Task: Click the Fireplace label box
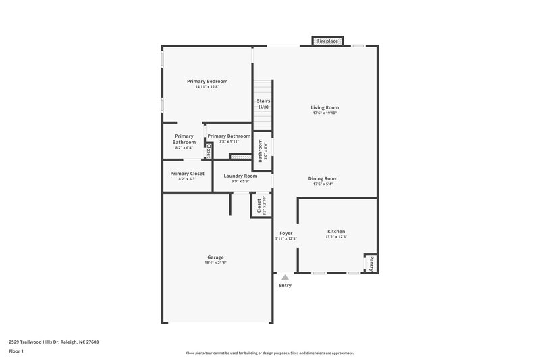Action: click(328, 41)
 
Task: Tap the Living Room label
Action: click(324, 107)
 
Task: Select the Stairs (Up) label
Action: click(263, 104)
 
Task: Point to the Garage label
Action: click(215, 257)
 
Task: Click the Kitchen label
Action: click(336, 231)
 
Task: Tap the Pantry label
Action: click(371, 263)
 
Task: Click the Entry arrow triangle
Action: click(286, 276)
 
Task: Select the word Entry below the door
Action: click(286, 285)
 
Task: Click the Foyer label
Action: click(286, 233)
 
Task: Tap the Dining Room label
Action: click(323, 178)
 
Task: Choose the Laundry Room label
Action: click(241, 176)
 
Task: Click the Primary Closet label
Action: click(187, 174)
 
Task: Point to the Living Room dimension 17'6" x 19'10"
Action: click(324, 113)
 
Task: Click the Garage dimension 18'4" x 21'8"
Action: click(215, 263)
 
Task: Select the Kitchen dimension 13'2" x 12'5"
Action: click(336, 237)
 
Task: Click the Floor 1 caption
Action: click(16, 351)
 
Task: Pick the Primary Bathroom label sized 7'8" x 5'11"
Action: click(229, 136)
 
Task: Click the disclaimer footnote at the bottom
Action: click(269, 353)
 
